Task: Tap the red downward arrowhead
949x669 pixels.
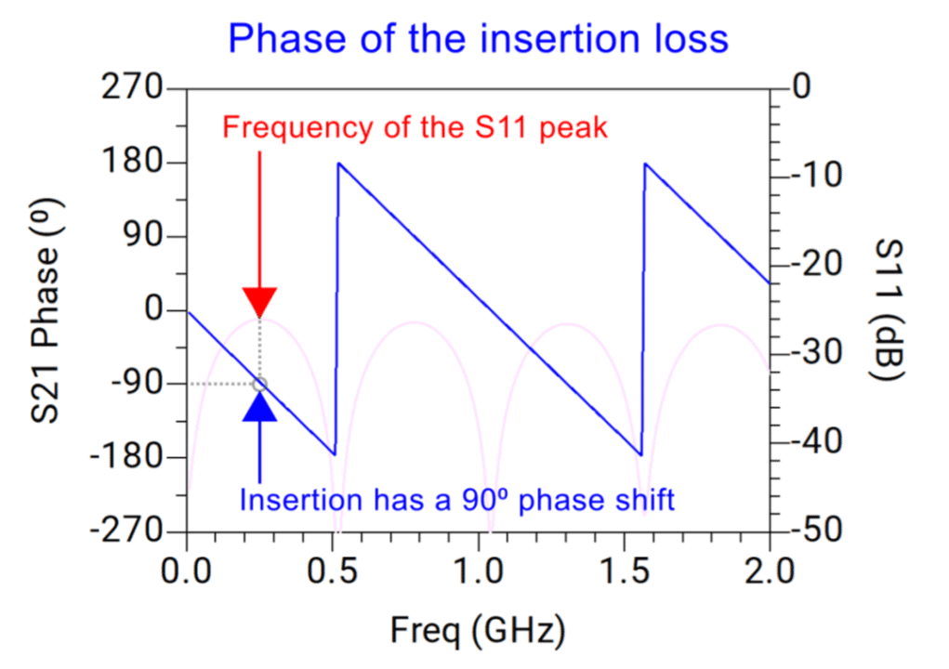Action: [259, 302]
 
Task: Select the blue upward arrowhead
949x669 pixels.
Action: [259, 406]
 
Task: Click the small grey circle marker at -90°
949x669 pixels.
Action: [259, 384]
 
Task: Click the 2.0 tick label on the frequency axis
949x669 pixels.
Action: [770, 569]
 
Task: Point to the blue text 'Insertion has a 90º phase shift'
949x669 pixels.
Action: [456, 500]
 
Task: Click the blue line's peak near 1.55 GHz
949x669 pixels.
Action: [644, 164]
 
